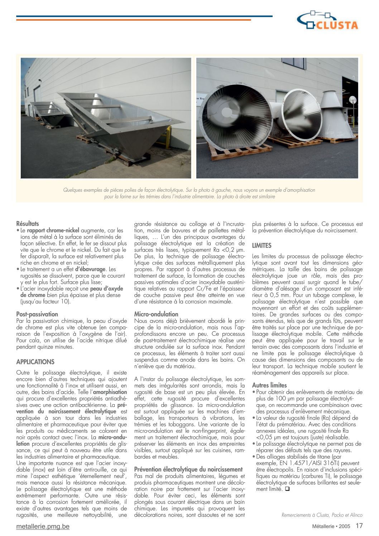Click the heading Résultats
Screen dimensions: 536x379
pos(28,224)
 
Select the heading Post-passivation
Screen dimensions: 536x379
pos(37,314)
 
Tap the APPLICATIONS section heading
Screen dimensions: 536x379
pos(35,362)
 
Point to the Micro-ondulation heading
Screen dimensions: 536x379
pos(156,314)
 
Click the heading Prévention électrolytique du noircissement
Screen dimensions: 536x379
pos(188,469)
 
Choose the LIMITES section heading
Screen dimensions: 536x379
pos(262,246)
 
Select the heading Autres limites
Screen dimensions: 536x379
pos(269,386)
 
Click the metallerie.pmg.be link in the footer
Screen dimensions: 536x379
pos(43,526)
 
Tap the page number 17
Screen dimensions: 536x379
pos(359,526)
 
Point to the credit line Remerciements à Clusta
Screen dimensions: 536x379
pos(322,515)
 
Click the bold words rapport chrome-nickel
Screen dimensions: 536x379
pos(53,230)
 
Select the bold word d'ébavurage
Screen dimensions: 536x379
pos(90,269)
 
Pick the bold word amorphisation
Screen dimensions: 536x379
pos(110,392)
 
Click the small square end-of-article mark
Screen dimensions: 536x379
pos(287,489)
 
